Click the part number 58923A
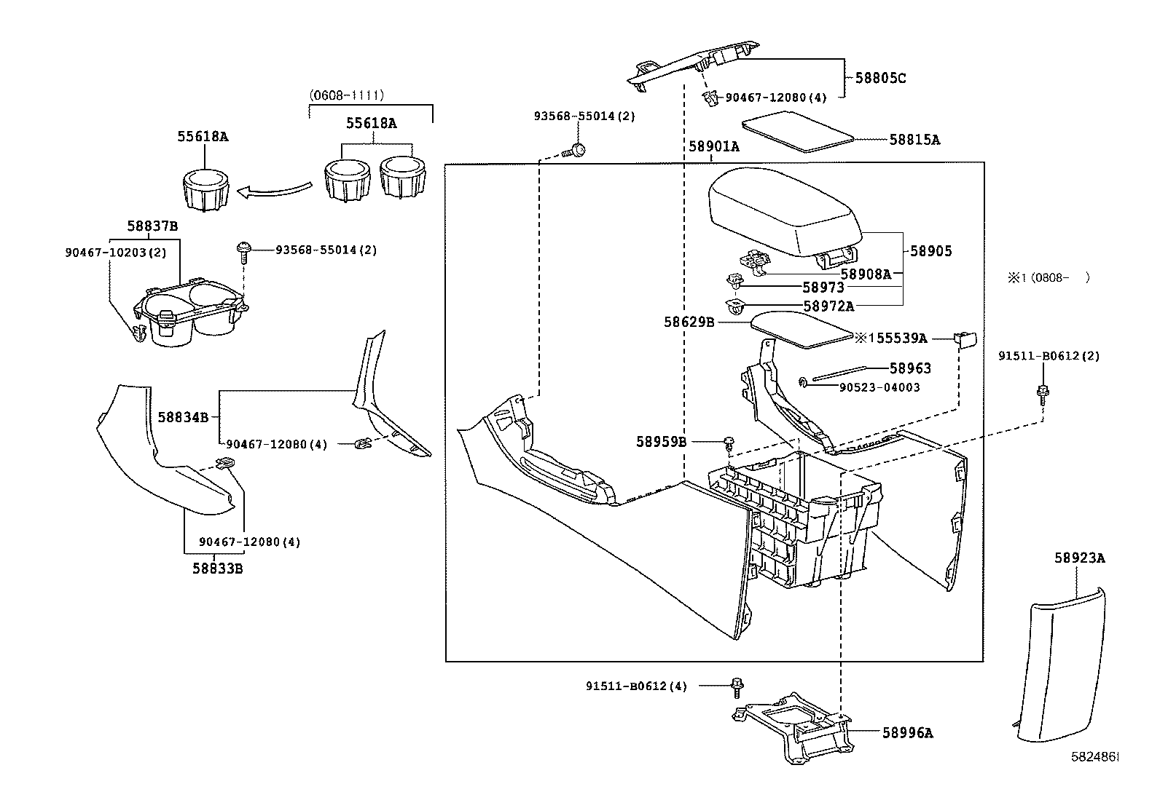pyautogui.click(x=1079, y=558)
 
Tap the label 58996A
pyautogui.click(x=907, y=733)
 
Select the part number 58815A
pyautogui.click(x=914, y=140)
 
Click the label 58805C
pyautogui.click(x=880, y=78)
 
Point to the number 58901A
pyautogui.click(x=713, y=146)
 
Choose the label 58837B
pyautogui.click(x=152, y=226)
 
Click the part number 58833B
pyautogui.click(x=217, y=568)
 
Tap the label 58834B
pyautogui.click(x=183, y=417)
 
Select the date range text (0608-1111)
pyautogui.click(x=346, y=95)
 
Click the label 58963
pyautogui.click(x=909, y=368)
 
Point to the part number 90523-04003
pyautogui.click(x=869, y=387)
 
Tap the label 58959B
pyautogui.click(x=661, y=441)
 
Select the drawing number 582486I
pyautogui.click(x=1094, y=757)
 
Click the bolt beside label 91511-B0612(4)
pyautogui.click(x=737, y=685)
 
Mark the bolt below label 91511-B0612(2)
pyautogui.click(x=1043, y=392)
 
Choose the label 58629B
pyautogui.click(x=689, y=321)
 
